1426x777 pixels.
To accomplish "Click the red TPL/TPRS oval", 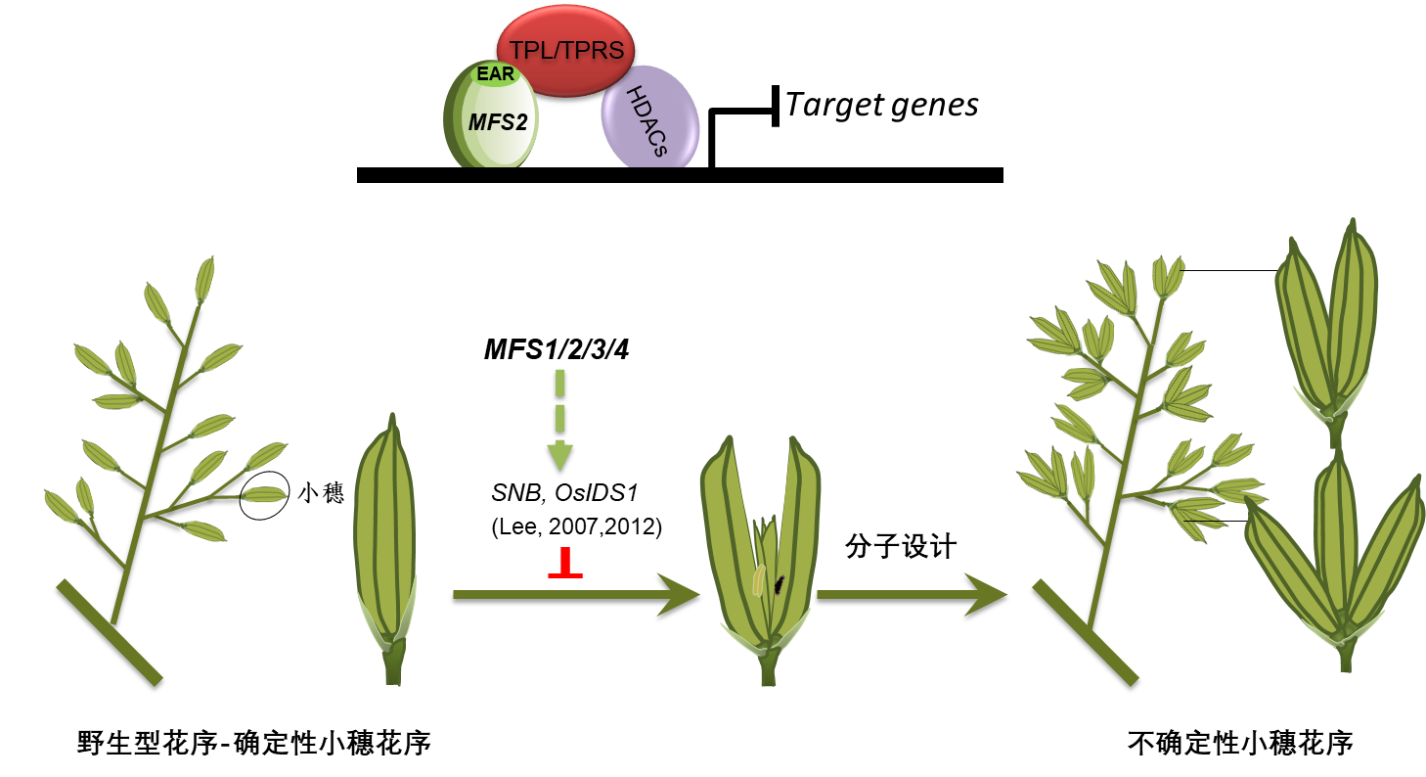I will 565,51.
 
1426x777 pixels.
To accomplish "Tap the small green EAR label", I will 495,74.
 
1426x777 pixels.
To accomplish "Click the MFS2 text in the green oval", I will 498,122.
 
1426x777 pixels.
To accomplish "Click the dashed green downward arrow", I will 559,421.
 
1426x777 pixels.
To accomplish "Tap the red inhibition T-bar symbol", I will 564,565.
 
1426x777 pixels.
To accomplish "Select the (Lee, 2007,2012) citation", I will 576,527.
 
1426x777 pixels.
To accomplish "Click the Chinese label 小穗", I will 321,493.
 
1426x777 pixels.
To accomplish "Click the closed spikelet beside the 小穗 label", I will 385,533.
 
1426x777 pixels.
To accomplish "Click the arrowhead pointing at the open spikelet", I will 680,594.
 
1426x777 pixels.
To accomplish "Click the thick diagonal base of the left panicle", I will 109,631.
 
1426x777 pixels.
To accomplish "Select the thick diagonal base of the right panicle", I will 1086,631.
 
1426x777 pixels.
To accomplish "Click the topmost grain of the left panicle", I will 203,279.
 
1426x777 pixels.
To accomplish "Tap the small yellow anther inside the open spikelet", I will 758,580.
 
